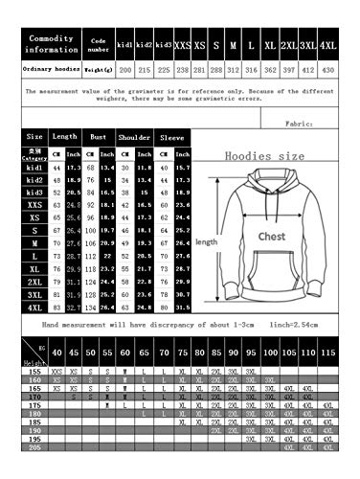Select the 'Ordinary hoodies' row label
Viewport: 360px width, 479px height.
[x=52, y=69]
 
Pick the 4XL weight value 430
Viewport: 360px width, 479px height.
[x=328, y=69]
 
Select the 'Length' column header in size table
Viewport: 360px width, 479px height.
[x=65, y=137]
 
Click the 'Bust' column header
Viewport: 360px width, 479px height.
[x=99, y=137]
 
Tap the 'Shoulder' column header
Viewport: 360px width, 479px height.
[x=133, y=137]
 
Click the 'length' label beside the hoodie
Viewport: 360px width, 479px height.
[x=207, y=242]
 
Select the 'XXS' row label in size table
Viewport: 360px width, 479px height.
[x=35, y=204]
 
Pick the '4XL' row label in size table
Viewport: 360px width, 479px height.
[x=35, y=308]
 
